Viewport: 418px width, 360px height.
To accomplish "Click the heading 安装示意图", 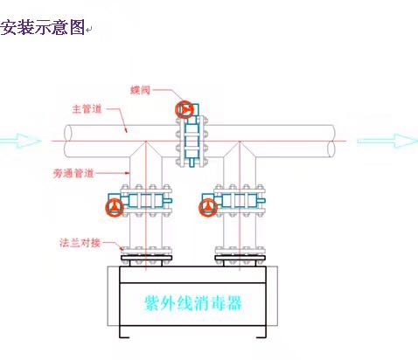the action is point(42,27).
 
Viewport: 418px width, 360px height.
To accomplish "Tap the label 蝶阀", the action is point(140,90).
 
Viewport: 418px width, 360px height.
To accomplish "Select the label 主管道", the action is point(87,109).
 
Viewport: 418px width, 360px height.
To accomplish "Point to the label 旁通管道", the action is point(73,173).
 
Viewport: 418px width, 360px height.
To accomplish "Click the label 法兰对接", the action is point(80,243).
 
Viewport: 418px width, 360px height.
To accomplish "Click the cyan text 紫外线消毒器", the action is point(193,303).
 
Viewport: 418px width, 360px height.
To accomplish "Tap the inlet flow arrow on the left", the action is point(20,141).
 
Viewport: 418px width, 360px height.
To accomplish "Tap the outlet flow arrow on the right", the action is point(387,141).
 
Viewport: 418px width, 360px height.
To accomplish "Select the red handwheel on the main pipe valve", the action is point(185,109).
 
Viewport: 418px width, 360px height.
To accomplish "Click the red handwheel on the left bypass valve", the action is point(115,207).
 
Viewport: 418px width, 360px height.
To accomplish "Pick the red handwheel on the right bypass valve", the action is point(208,207).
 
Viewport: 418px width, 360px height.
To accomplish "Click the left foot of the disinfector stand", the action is point(124,337).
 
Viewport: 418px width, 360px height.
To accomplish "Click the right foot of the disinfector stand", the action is point(261,337).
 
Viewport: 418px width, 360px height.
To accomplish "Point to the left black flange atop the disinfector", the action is point(146,258).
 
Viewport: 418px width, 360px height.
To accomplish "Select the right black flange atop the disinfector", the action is point(240,258).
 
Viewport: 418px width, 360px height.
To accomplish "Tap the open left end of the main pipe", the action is point(68,141).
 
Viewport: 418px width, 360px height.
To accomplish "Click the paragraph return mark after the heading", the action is point(89,30).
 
